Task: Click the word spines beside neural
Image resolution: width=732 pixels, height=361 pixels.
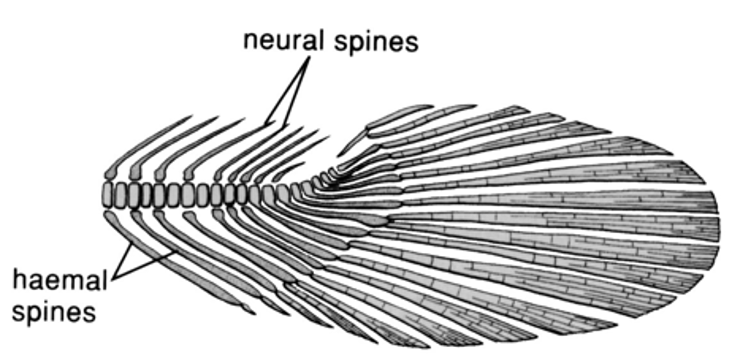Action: (x=376, y=42)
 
